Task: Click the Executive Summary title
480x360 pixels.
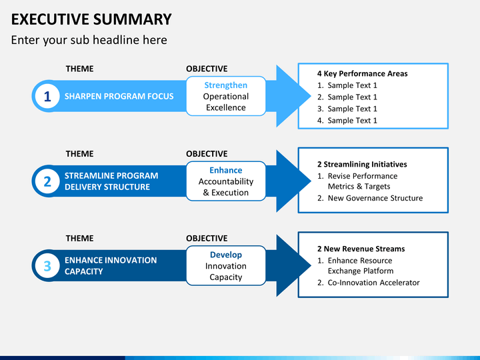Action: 91,19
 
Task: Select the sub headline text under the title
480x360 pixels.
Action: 89,40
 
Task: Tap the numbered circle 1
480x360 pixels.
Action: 47,96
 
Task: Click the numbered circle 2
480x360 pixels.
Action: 47,181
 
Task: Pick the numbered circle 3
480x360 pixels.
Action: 47,266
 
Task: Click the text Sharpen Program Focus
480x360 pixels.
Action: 119,96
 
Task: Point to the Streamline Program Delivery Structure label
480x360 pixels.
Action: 111,181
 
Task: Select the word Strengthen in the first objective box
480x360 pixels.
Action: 226,85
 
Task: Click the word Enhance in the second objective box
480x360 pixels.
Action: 226,170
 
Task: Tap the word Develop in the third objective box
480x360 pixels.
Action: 226,255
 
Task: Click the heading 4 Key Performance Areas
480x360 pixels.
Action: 363,73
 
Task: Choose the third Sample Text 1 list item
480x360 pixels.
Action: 347,109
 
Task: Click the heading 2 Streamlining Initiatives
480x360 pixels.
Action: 362,165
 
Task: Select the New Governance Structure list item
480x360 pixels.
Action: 370,198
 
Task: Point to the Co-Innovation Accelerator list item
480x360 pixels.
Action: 368,283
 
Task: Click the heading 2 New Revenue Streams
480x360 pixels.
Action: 361,249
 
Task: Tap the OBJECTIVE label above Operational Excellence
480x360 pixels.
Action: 207,69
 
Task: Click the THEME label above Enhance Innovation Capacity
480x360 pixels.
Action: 79,238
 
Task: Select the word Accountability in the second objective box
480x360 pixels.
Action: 226,181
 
